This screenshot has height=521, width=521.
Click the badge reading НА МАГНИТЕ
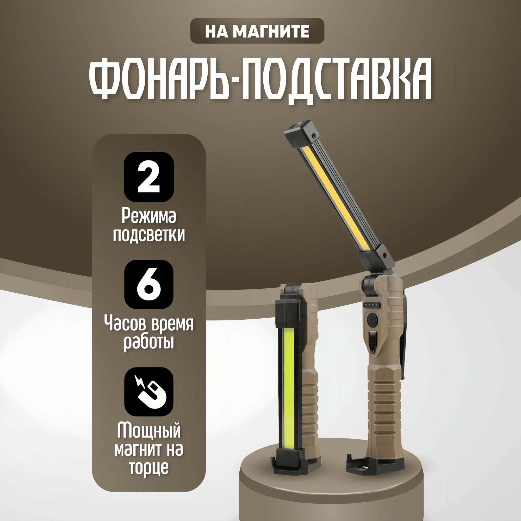coord(257,31)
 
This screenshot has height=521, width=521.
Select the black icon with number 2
coord(148,177)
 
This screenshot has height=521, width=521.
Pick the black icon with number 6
coord(148,284)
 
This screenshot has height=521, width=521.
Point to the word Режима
coord(148,216)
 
